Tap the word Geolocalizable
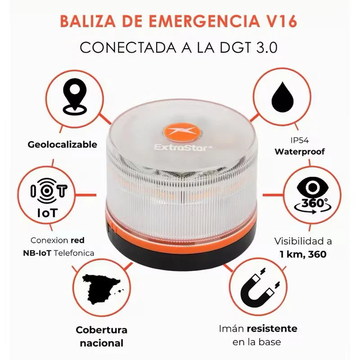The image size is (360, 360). [62, 144]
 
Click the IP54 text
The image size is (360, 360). [300, 140]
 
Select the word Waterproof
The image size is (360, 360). [300, 152]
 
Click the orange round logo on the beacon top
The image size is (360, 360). [180, 132]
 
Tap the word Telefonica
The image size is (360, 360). [74, 253]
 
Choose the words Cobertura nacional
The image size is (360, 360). [101, 336]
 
